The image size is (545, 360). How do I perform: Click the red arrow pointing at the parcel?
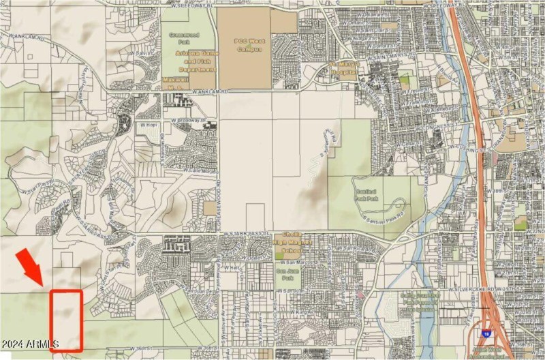click(x=28, y=267)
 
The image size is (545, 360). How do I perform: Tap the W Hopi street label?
click(x=146, y=127)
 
